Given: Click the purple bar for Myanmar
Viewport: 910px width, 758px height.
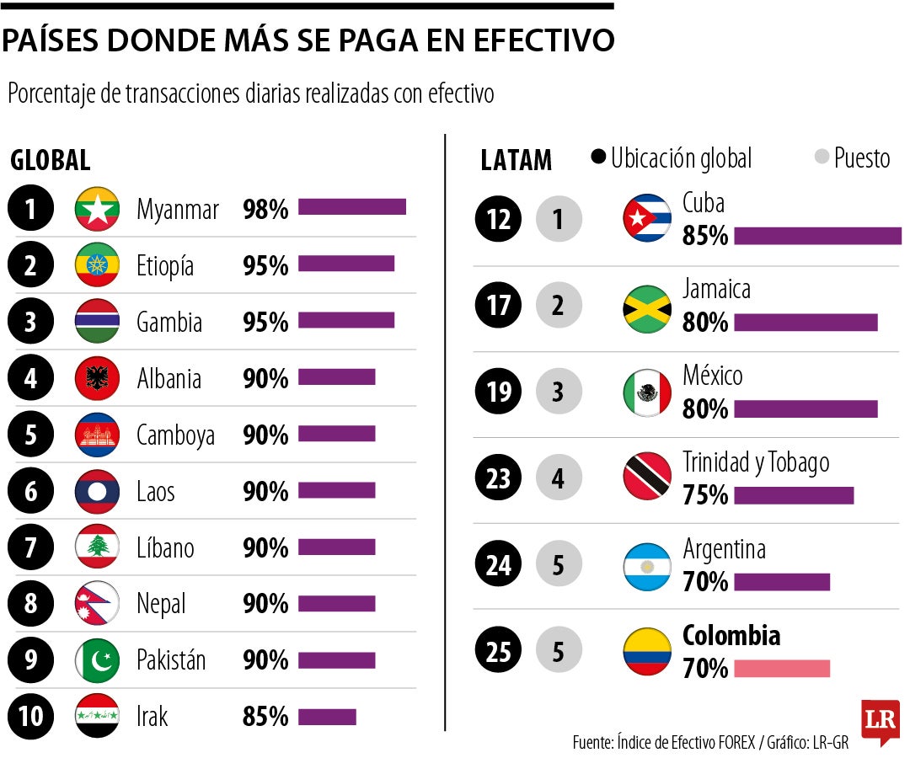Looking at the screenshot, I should click(x=351, y=207).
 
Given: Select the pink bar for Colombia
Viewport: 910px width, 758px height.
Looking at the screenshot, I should click(x=781, y=669).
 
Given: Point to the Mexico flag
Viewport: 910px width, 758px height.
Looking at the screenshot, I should click(x=647, y=392).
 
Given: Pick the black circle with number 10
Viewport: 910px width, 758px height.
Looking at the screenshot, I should click(x=30, y=717).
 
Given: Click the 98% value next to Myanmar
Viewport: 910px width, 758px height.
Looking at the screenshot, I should click(x=265, y=209).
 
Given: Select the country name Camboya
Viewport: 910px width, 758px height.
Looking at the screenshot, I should click(x=175, y=435).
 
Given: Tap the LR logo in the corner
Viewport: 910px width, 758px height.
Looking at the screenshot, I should click(x=880, y=722).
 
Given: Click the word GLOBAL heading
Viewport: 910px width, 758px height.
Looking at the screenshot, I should click(x=51, y=160).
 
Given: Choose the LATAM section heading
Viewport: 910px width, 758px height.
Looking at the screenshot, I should click(x=516, y=160).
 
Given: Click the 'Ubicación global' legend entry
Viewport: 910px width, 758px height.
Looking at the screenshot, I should click(x=672, y=157).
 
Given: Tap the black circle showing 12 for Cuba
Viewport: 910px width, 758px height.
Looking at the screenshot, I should click(x=499, y=219).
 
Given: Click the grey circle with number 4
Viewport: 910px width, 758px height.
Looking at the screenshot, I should click(x=559, y=478).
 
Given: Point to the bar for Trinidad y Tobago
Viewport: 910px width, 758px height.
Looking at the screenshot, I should click(x=793, y=495).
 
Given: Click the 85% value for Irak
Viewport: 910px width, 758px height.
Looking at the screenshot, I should click(x=265, y=717).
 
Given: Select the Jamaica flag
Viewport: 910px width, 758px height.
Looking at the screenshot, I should click(x=647, y=306).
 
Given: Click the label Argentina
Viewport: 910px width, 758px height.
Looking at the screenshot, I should click(x=724, y=549).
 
